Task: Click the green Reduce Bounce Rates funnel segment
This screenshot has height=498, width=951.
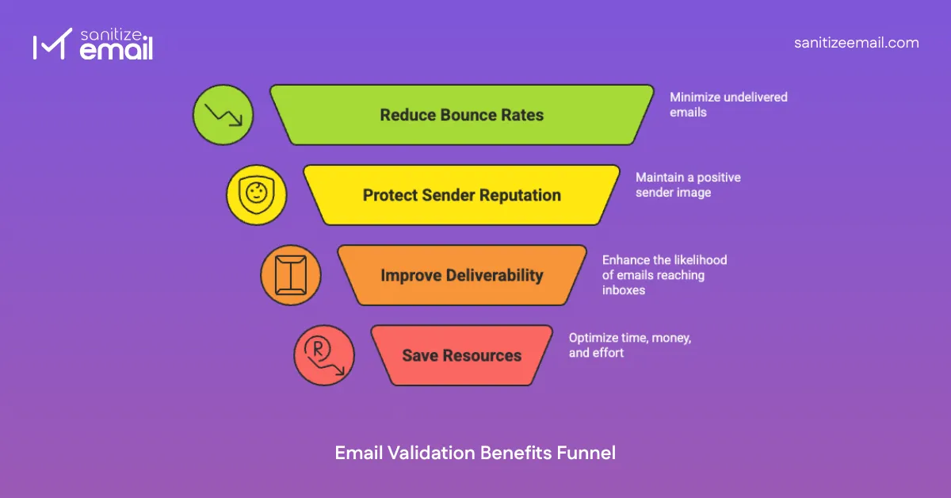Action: click(462, 115)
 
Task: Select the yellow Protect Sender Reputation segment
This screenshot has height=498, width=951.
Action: click(462, 195)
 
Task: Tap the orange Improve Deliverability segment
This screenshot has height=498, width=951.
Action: click(462, 275)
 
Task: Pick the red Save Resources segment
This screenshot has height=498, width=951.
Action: click(462, 355)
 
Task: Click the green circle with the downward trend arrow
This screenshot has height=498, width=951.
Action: click(223, 116)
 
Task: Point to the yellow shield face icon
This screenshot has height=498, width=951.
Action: click(257, 195)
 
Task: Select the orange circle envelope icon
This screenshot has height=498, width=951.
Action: click(291, 275)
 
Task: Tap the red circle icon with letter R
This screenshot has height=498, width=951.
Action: click(324, 355)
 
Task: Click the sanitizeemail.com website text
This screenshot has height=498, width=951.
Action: click(857, 43)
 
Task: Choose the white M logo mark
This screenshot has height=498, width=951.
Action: click(48, 47)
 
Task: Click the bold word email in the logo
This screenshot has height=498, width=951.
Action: click(116, 51)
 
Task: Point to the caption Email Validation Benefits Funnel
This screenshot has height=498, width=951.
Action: click(475, 453)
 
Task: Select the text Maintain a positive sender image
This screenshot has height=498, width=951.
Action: click(688, 185)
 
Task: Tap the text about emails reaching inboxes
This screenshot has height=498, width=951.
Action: click(664, 274)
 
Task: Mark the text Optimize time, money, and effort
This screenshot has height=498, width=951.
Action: click(630, 345)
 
